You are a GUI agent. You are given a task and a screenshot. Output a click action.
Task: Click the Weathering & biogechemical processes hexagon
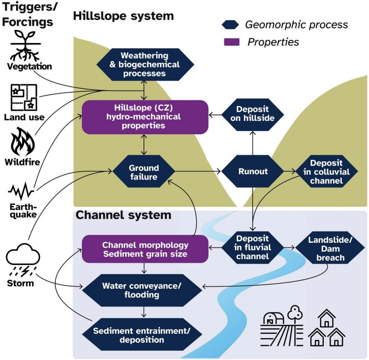pos(145,64)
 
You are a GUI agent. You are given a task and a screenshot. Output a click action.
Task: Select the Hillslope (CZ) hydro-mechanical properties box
pos(145,117)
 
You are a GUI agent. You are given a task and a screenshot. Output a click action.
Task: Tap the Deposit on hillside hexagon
pos(252,113)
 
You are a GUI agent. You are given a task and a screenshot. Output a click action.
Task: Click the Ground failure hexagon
pos(144,172)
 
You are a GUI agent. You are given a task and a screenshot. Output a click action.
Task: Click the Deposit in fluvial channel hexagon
pos(253,247)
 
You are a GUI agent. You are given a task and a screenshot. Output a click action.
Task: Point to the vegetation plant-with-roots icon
pos(25,46)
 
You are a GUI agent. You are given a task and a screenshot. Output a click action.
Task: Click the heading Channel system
pos(123,215)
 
